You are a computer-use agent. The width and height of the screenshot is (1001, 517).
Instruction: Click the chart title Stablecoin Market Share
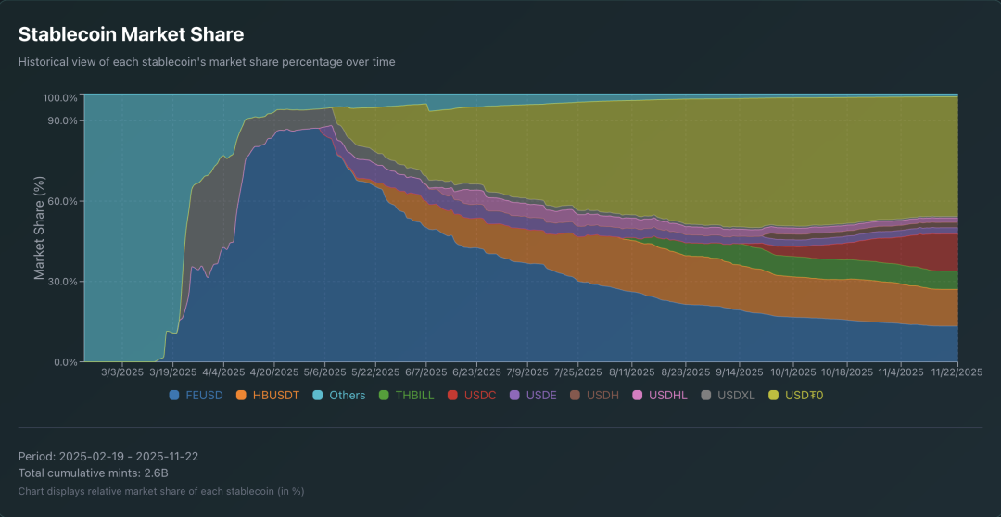[x=131, y=35]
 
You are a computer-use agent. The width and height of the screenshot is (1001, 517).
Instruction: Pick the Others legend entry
[x=339, y=396]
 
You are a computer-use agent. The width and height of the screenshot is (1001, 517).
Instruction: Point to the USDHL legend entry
[x=660, y=396]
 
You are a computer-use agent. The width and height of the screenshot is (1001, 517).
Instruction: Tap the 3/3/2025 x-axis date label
[x=121, y=372]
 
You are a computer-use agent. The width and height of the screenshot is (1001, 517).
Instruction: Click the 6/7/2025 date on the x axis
[x=425, y=372]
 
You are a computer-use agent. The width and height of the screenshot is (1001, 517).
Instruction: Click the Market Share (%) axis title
[x=39, y=228]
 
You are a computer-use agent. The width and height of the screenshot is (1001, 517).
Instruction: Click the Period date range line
[x=108, y=457]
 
